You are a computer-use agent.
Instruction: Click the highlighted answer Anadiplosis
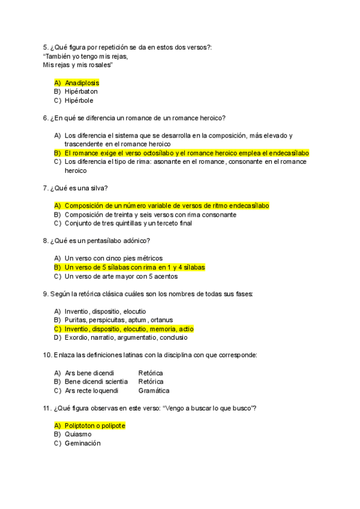pyautogui.click(x=82, y=82)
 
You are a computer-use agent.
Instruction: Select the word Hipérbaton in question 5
pyautogui.click(x=81, y=91)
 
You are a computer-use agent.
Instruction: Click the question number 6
pyautogui.click(x=46, y=118)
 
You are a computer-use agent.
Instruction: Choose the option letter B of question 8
pyautogui.click(x=57, y=267)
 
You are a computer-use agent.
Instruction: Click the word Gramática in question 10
pyautogui.click(x=154, y=391)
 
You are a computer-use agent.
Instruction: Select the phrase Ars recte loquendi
pyautogui.click(x=92, y=391)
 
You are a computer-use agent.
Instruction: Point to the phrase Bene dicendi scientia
pyautogui.click(x=96, y=382)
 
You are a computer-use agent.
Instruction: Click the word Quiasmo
pyautogui.click(x=78, y=434)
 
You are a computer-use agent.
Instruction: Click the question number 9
pyautogui.click(x=46, y=294)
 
